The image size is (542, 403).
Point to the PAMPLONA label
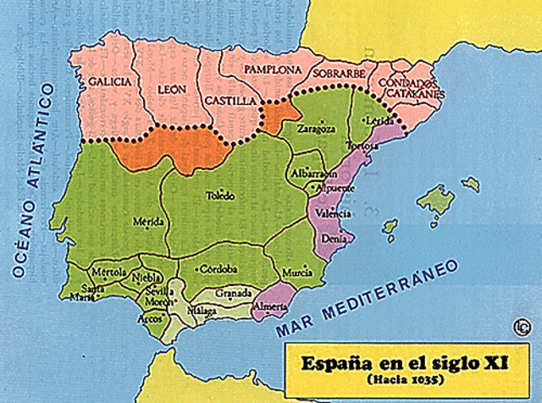pyautogui.click(x=273, y=69)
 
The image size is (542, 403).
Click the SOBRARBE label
pyautogui.click(x=339, y=74)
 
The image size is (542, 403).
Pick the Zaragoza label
pyautogui.click(x=317, y=130)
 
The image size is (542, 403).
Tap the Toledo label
pyautogui.click(x=222, y=196)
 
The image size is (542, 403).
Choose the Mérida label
pyautogui.click(x=149, y=222)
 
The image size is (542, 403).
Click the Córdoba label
pyautogui.click(x=216, y=269)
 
